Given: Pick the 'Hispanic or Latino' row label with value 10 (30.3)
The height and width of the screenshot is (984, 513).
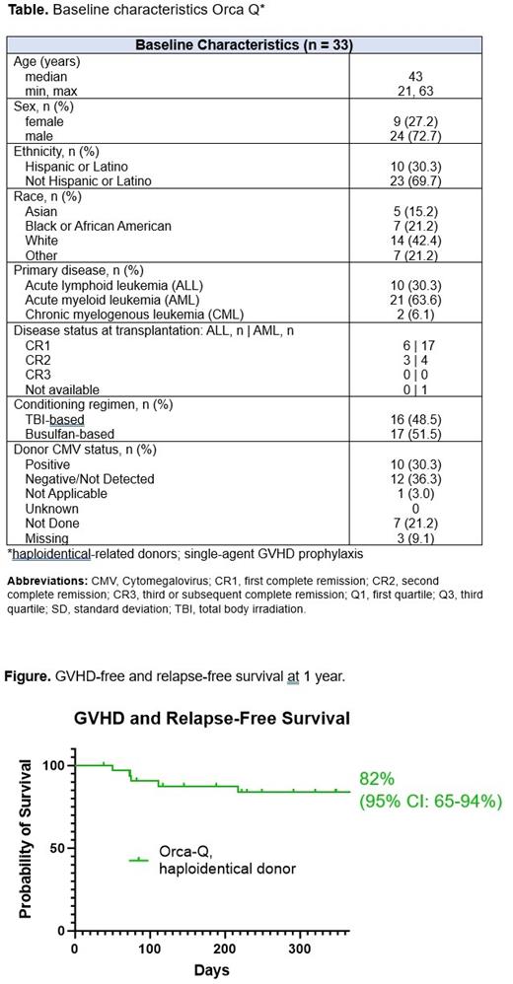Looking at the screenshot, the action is pyautogui.click(x=76, y=167).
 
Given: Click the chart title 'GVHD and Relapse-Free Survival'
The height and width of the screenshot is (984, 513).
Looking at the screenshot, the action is pyautogui.click(x=212, y=719).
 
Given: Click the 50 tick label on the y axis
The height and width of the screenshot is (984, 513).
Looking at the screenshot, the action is pyautogui.click(x=56, y=848).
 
